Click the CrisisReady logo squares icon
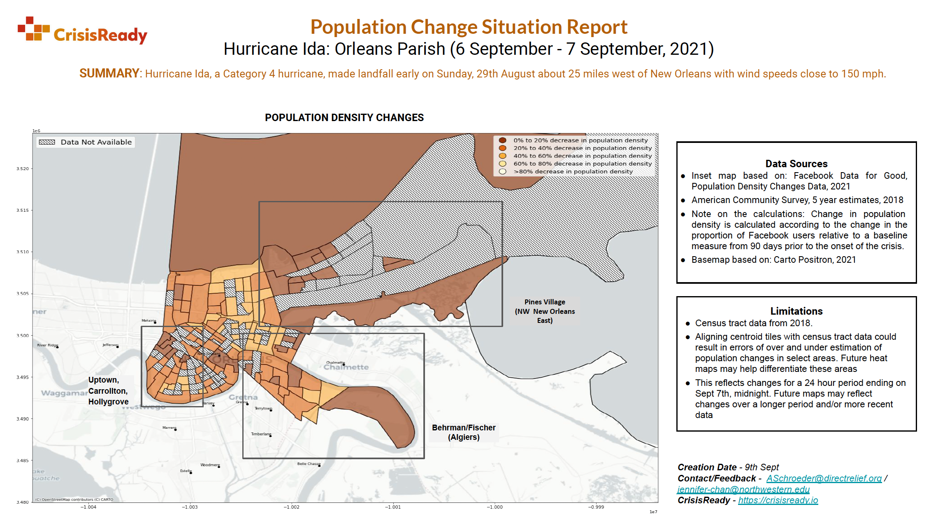point(33,28)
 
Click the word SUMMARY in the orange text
point(109,74)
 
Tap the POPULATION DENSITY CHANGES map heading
point(344,118)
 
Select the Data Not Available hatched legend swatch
point(47,142)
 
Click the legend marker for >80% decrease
point(502,172)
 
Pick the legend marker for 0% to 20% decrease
point(502,140)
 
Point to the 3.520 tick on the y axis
point(23,169)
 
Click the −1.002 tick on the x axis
point(292,507)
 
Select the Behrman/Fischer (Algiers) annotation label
point(464,432)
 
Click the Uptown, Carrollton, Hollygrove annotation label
point(108,391)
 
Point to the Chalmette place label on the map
point(346,367)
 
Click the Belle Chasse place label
point(309,464)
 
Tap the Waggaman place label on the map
point(64,393)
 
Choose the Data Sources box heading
point(796,164)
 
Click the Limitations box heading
point(796,311)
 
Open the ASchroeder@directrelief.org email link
point(824,479)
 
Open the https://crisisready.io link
point(778,500)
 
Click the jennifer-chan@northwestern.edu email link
point(743,490)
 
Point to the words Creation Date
point(707,467)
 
